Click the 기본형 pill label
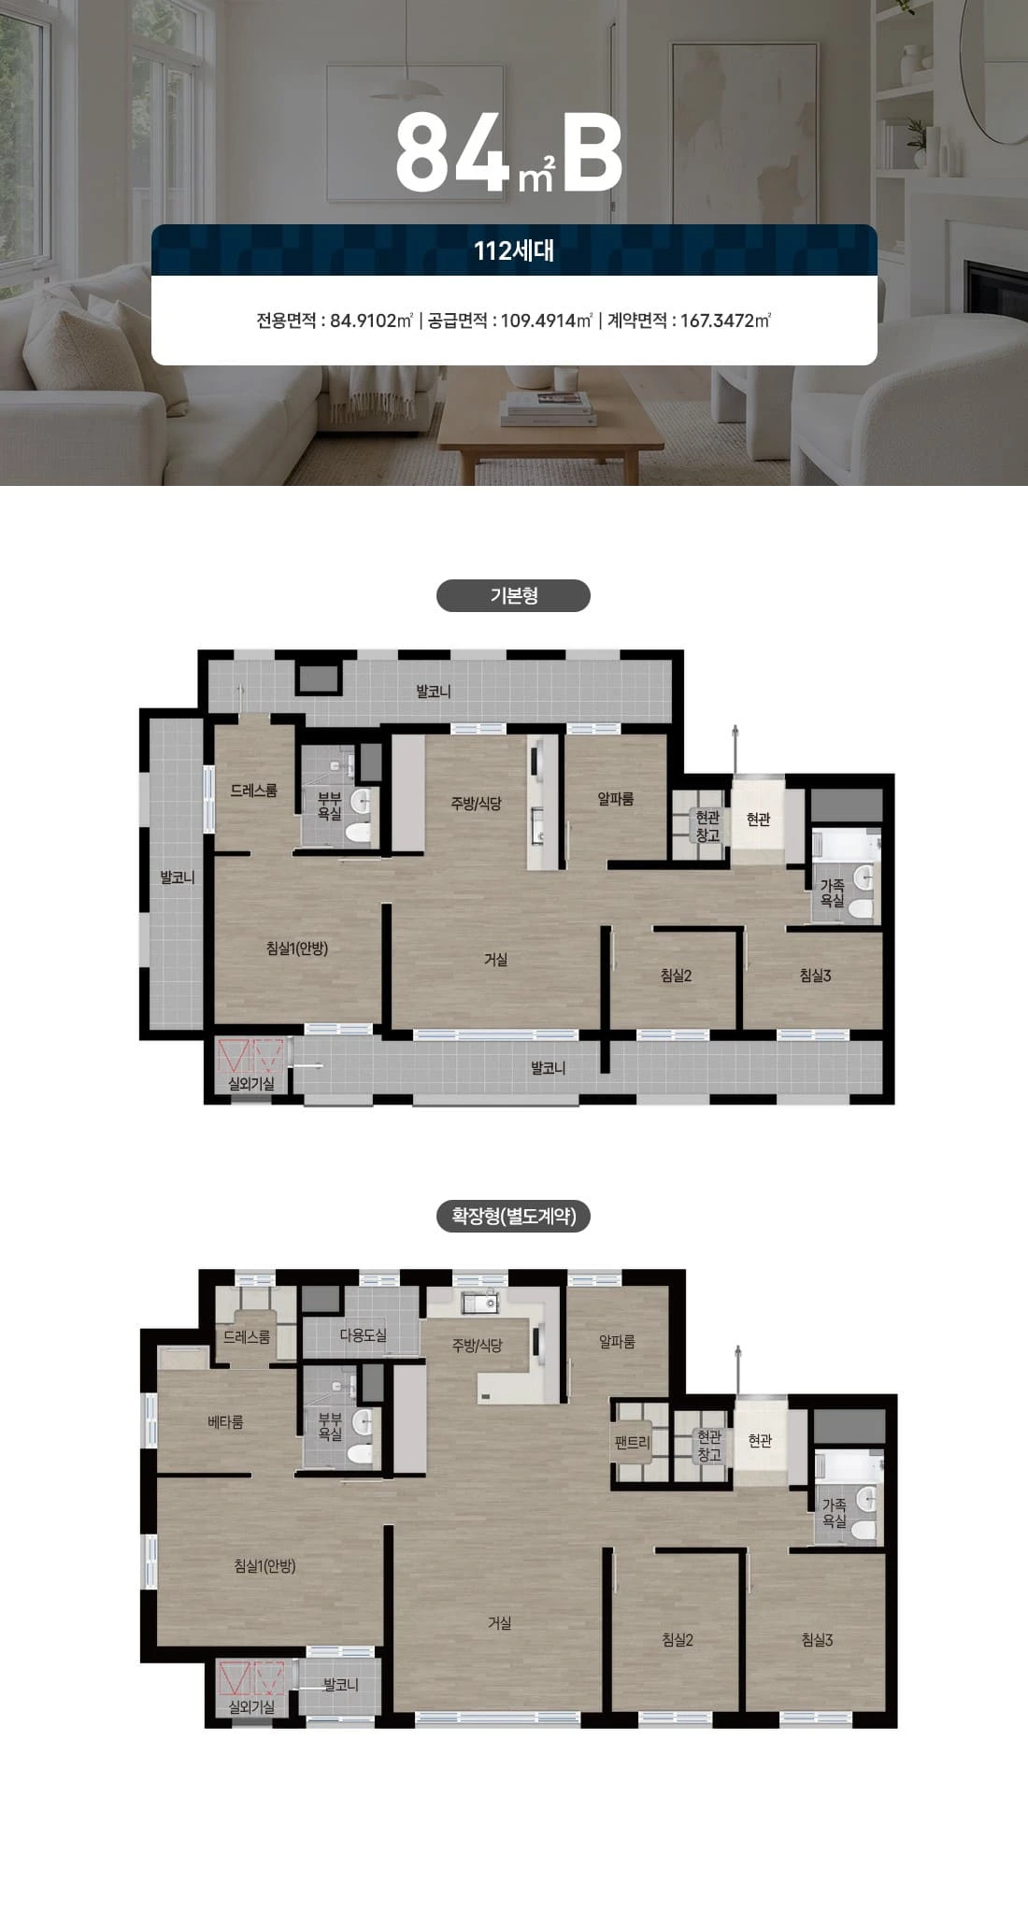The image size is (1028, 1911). pos(513,596)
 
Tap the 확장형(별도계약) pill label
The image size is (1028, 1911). pos(513,1216)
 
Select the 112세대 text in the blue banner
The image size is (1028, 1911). pos(514,250)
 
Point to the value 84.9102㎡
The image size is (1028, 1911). pos(372,321)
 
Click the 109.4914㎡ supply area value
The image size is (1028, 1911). pos(547,321)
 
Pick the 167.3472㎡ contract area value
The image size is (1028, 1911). pos(725,321)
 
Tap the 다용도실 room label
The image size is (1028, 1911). pos(363,1335)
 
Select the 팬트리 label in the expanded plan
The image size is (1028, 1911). pos(632,1442)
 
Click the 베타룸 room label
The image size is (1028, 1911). pos(225,1422)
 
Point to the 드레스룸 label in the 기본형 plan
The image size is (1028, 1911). pos(254,791)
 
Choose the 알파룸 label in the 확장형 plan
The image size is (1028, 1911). pos(617,1342)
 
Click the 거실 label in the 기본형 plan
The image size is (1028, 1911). pos(495,960)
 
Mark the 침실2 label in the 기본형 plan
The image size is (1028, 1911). pos(676,976)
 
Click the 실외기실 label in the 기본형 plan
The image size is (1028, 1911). pos(251,1083)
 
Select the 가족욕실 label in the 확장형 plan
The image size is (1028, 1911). pos(834,1513)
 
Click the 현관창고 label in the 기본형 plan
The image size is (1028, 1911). pos(707,827)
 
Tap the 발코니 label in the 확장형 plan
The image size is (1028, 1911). pos(340,1684)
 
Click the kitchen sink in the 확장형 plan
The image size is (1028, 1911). pos(479,1302)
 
